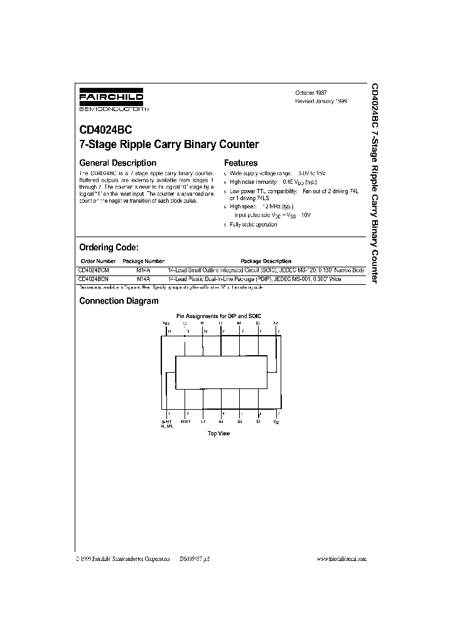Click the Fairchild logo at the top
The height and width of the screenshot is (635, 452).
102,100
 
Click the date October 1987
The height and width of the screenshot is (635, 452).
311,92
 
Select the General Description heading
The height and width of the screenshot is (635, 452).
117,163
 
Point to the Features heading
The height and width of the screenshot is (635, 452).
240,163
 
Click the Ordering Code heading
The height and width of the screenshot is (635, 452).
108,247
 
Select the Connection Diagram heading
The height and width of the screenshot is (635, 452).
119,301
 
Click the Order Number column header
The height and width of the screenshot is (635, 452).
99,261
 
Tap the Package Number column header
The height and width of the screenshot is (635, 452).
143,261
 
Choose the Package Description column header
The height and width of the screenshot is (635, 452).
266,261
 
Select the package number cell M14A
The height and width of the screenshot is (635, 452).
143,270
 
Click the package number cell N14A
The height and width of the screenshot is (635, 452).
143,278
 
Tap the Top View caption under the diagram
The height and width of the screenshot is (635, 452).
219,434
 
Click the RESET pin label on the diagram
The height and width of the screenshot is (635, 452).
185,422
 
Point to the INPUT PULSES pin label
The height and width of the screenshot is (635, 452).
166,424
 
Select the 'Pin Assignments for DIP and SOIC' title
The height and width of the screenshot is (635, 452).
219,316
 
